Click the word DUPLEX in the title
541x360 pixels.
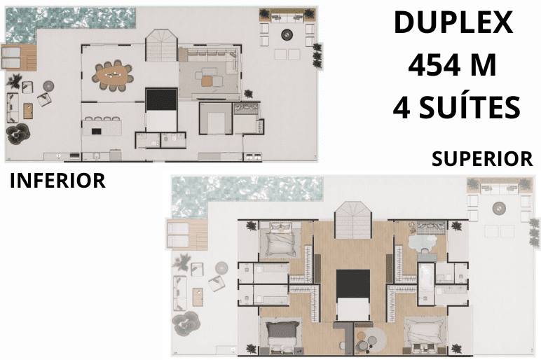453,22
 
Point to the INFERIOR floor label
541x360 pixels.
57,181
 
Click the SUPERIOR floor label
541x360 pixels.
482,158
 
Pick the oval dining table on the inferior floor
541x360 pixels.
113,76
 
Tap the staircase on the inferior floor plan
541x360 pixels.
161,46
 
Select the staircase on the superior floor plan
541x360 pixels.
353,220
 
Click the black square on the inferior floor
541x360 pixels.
161,99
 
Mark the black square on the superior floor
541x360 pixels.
353,284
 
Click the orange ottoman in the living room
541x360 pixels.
207,81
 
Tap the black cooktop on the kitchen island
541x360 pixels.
96,131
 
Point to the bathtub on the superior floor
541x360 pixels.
425,279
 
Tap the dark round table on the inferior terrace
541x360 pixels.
287,34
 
